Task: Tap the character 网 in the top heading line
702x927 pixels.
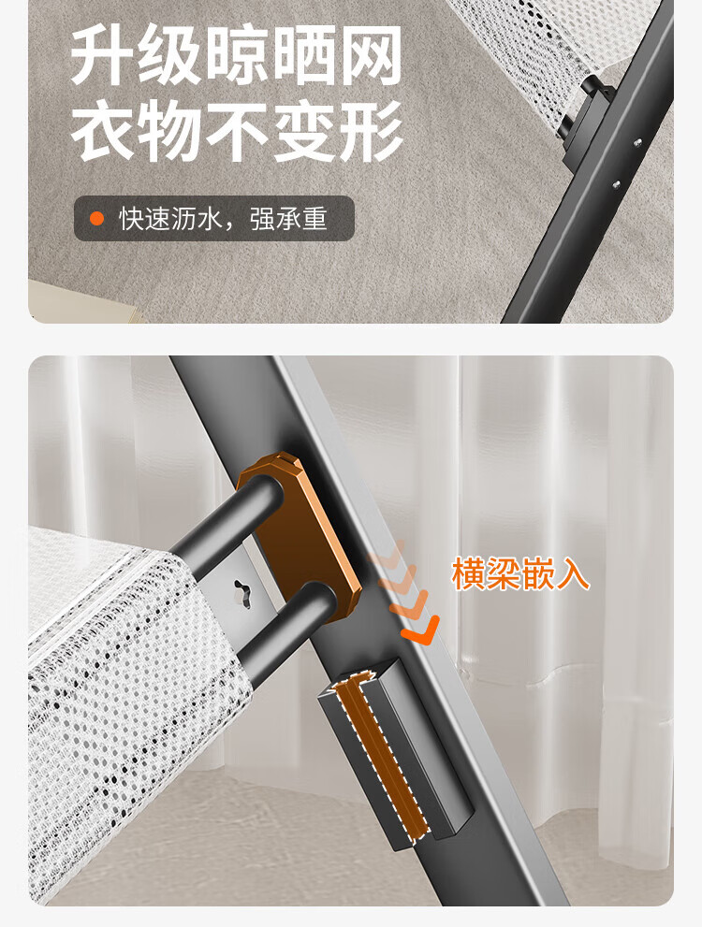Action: click(x=372, y=55)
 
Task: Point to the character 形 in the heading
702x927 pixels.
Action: click(x=372, y=131)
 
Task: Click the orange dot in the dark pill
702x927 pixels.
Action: click(x=96, y=219)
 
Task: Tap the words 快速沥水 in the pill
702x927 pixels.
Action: click(x=170, y=219)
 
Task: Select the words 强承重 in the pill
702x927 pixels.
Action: click(x=288, y=219)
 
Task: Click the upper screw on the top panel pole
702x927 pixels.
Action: click(x=637, y=142)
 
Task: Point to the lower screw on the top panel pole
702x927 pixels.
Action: click(x=616, y=184)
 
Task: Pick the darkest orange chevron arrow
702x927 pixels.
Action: click(x=421, y=630)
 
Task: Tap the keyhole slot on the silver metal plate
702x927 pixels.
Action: click(x=243, y=592)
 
